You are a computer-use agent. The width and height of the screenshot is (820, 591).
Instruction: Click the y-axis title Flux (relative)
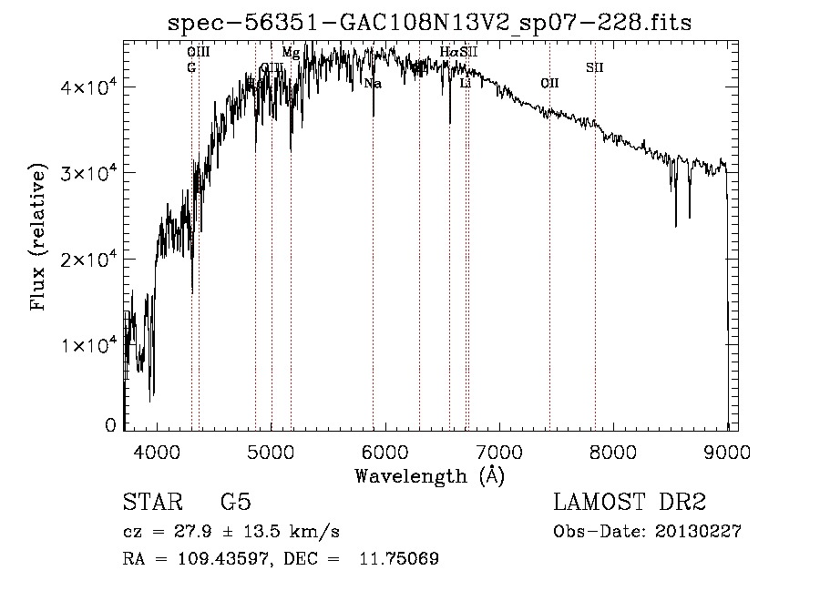coord(38,237)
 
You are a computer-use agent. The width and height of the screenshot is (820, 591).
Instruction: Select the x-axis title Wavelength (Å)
coord(429,475)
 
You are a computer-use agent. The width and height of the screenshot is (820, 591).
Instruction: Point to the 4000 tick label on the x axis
coord(157,453)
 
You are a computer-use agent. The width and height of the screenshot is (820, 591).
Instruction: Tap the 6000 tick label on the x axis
coord(384,453)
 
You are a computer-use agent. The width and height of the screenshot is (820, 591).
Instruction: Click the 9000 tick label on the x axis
coord(726,453)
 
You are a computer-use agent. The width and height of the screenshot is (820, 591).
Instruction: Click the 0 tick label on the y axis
coord(110,425)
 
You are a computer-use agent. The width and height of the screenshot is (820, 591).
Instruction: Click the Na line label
coord(373,84)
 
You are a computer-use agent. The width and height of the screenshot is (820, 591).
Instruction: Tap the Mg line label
coord(291,53)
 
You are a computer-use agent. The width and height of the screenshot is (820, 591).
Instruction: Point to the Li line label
coord(465,84)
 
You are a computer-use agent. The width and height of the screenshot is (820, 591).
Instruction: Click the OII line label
coord(549,84)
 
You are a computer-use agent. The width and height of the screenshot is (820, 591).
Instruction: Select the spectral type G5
coord(235,503)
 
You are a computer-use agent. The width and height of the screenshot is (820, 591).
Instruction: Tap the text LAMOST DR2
coord(630,503)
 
